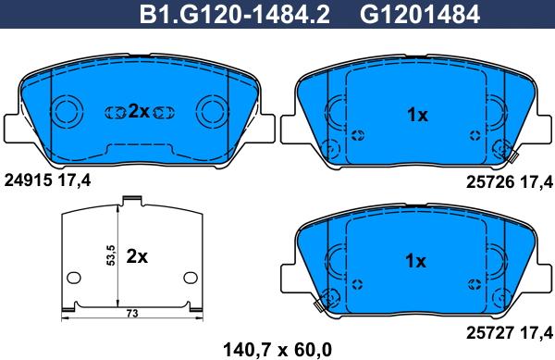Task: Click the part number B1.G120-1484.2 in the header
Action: pos(235,15)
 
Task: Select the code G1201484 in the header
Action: pos(419,15)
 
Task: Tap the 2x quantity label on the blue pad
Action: pos(139,111)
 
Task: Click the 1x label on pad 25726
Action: pos(417,115)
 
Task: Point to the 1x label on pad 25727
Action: pos(415,261)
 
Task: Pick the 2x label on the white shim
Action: pos(137,256)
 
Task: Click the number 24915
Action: pos(29,180)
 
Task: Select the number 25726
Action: pos(490,182)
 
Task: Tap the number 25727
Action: pos(490,333)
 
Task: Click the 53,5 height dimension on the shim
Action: pos(111,255)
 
